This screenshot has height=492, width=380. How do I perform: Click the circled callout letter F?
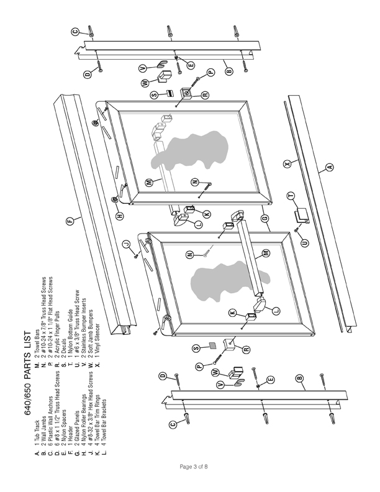point(71,221)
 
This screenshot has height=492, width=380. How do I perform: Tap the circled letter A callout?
point(329,167)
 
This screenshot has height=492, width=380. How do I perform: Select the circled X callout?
point(287,163)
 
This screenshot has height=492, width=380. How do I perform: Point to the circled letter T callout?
point(291,196)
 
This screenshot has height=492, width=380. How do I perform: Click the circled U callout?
point(305,242)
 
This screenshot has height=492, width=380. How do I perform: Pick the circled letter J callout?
point(125,244)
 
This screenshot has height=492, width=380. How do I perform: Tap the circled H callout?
point(120,216)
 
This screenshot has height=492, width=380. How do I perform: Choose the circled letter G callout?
point(265,218)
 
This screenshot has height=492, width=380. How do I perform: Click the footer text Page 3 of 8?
point(194,467)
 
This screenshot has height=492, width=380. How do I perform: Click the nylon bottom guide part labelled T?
point(301,217)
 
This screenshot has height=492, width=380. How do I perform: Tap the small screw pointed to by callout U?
point(296,230)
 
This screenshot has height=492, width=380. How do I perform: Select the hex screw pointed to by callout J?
point(136,257)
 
